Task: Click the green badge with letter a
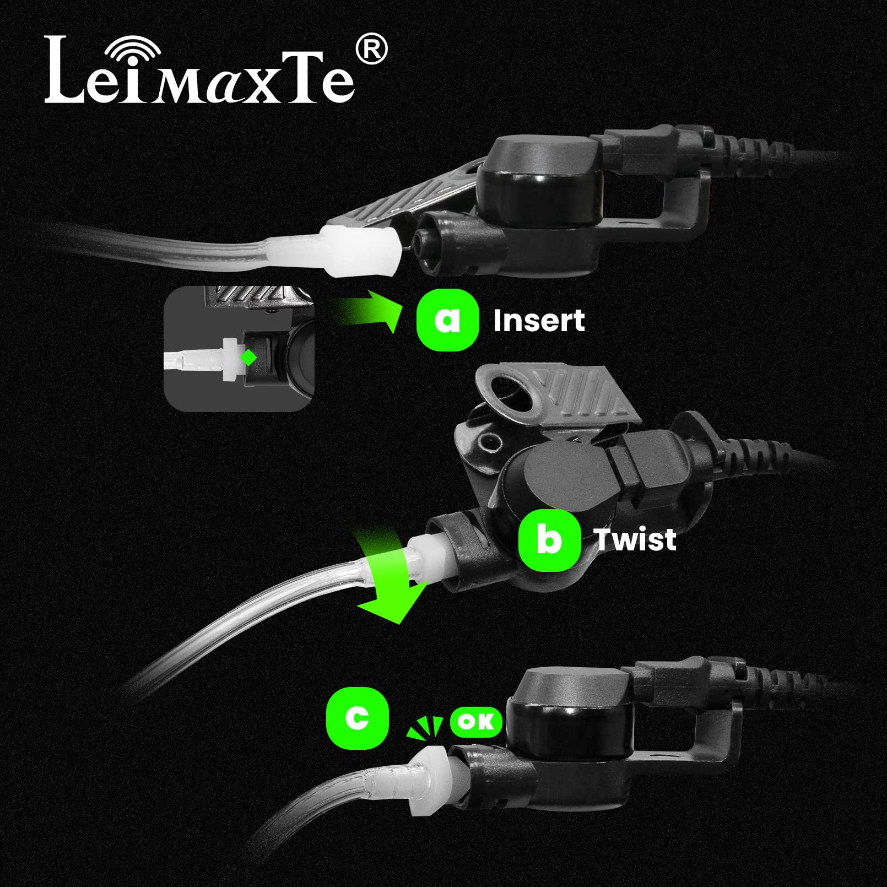point(447,320)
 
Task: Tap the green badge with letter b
point(549,540)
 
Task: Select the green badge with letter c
point(357,718)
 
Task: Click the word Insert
point(538,321)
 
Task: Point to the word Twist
point(635,539)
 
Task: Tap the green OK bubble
point(476,722)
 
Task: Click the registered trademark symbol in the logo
point(372,50)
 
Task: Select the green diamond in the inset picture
point(248,358)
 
